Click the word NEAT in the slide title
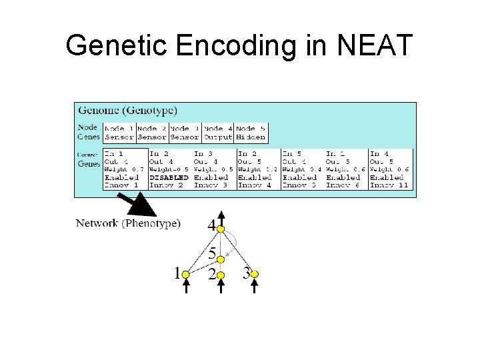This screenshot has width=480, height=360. [x=376, y=45]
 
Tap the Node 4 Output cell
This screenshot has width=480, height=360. [x=218, y=133]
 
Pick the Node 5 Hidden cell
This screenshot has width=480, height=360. [x=251, y=133]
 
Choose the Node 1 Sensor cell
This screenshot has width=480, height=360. [x=119, y=133]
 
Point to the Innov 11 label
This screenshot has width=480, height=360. [x=389, y=185]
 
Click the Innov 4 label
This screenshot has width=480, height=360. [x=255, y=185]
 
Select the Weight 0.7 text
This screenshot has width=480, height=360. [x=124, y=170]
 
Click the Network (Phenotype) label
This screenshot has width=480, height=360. [x=128, y=223]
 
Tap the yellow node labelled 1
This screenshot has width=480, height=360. [x=187, y=274]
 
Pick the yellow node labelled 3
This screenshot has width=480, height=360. [x=254, y=274]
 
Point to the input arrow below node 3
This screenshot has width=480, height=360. [x=254, y=285]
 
